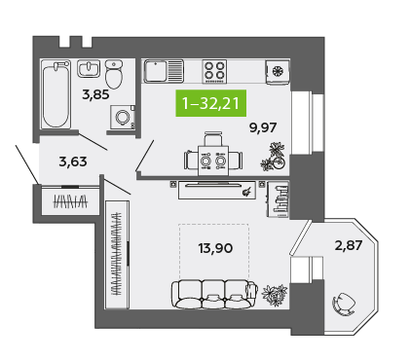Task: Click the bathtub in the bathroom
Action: pos(56,94)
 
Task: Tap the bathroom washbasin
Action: pos(88,68)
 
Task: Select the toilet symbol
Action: pos(114,75)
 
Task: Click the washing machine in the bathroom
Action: pos(123,117)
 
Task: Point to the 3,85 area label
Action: pos(95,94)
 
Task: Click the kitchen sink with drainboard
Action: pos(164,71)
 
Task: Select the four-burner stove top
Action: pos(214,71)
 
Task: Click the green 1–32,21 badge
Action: pos(211,103)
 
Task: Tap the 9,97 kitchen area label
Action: pos(263,127)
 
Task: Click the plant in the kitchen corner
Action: pos(274,157)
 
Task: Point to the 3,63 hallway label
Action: pos(73,162)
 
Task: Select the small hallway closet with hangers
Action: pos(70,200)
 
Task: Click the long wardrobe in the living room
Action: pos(117,255)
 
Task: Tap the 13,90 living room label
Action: pos(215,248)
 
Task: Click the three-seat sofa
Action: pos(214,294)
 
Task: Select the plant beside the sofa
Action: pos(275,295)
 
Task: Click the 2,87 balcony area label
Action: pos(349,245)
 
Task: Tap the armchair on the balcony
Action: pos(344,305)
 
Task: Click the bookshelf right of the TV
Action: pos(278,199)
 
